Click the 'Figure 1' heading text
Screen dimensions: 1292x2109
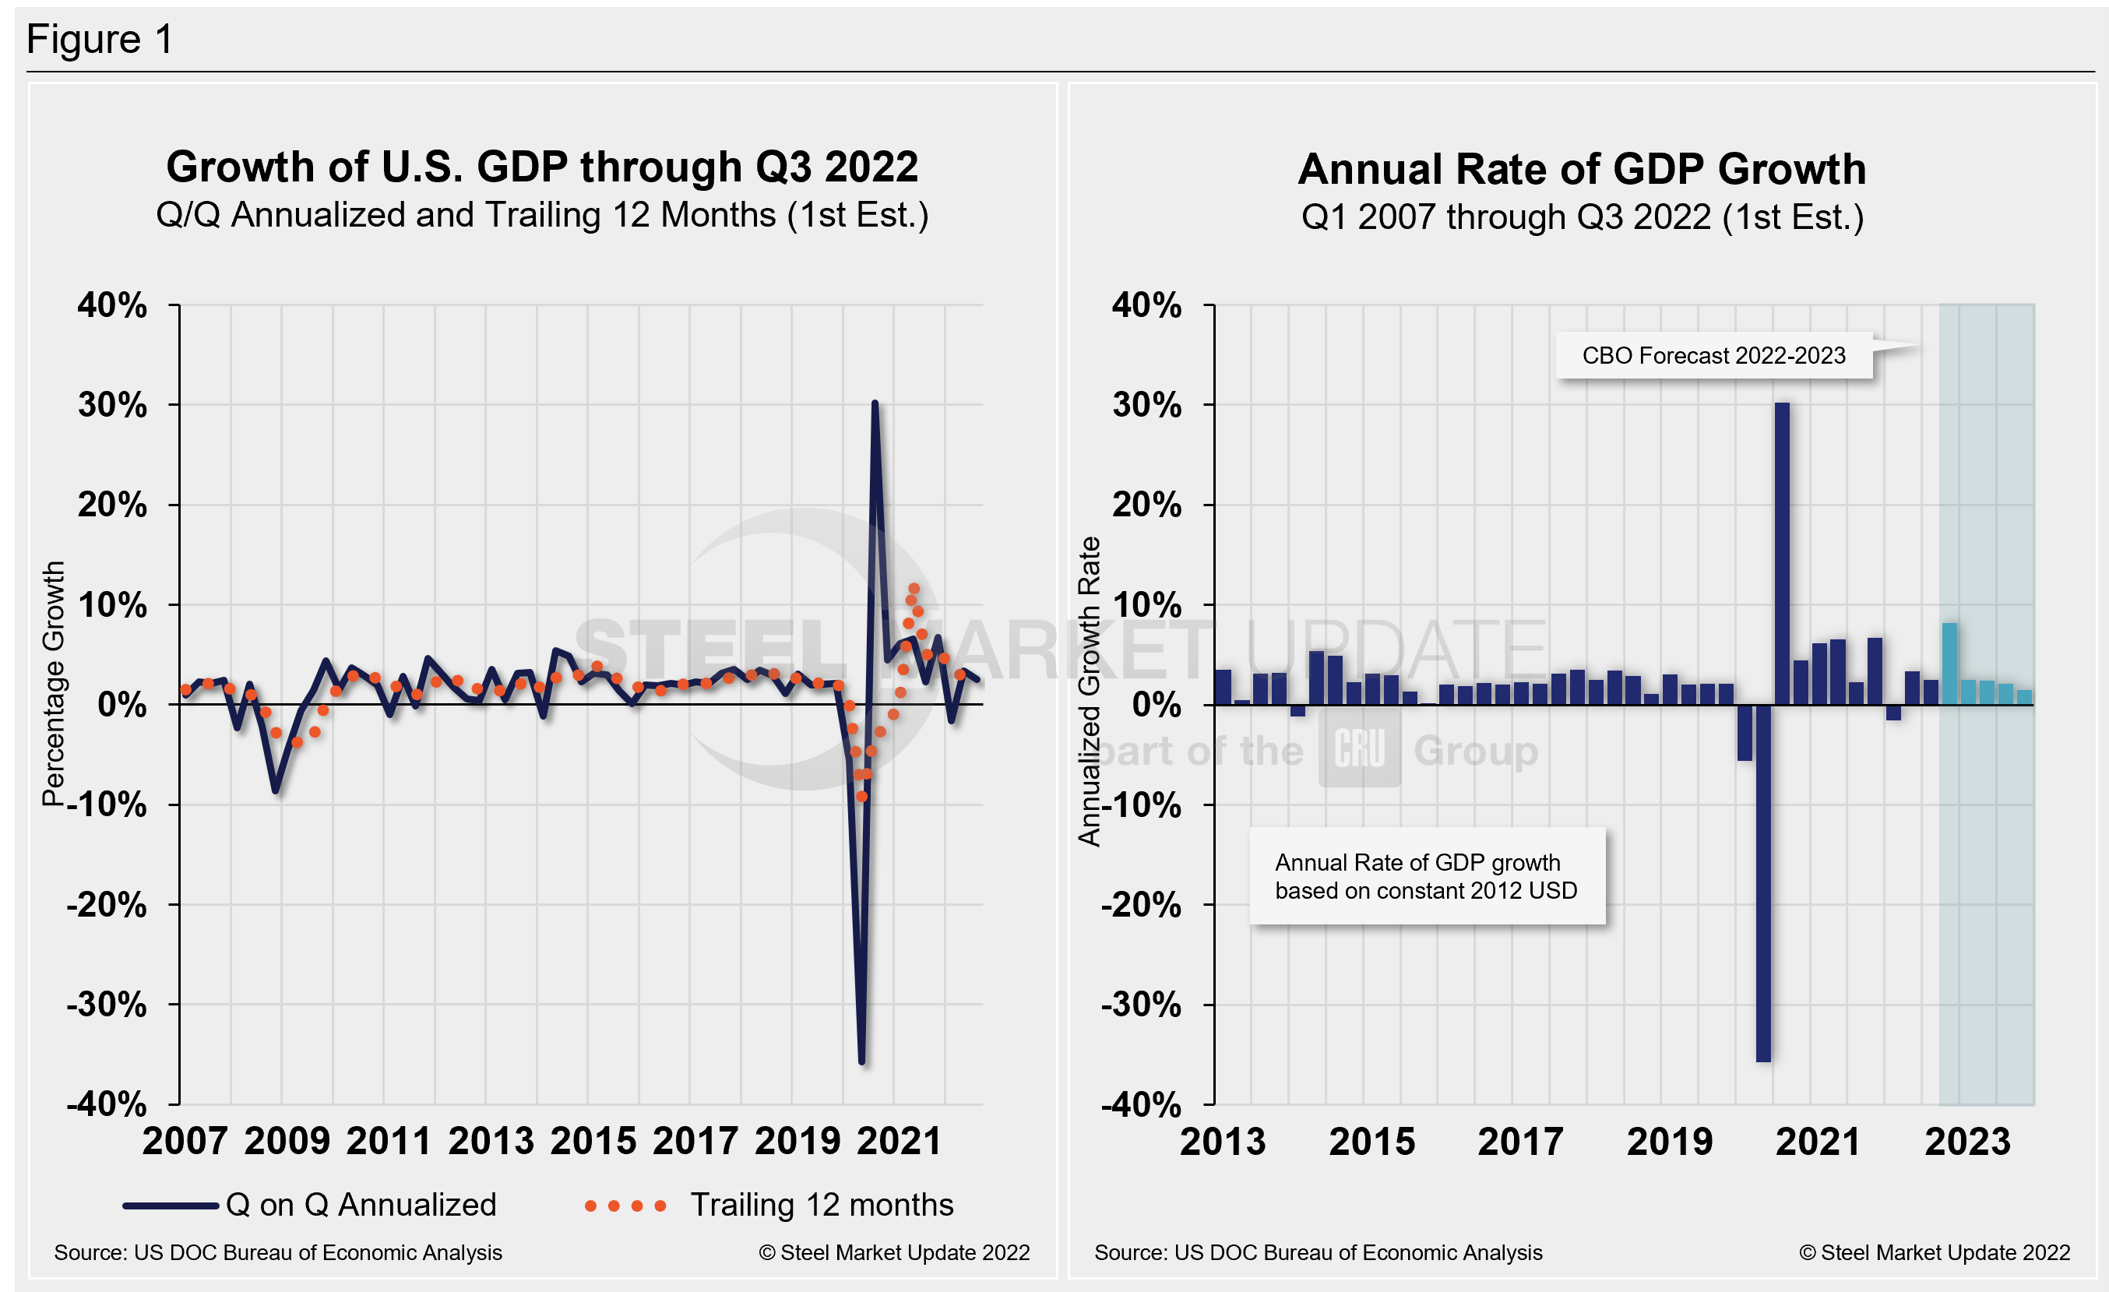pyautogui.click(x=100, y=40)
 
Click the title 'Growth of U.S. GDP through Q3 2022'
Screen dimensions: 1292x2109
pyautogui.click(x=542, y=167)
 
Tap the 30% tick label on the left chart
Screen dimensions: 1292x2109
pyautogui.click(x=112, y=405)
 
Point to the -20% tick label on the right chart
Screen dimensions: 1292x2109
pyautogui.click(x=1140, y=904)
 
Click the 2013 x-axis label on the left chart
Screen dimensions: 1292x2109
pyautogui.click(x=491, y=1141)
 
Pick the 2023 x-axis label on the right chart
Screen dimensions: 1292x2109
pyautogui.click(x=1967, y=1142)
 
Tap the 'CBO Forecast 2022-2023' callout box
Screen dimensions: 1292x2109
pyautogui.click(x=1713, y=355)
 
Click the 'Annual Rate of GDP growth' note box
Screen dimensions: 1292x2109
pyautogui.click(x=1426, y=876)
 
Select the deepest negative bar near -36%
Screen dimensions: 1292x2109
pyautogui.click(x=1762, y=882)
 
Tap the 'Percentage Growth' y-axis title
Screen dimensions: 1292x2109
pyautogui.click(x=53, y=683)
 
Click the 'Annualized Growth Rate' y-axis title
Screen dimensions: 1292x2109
pyautogui.click(x=1089, y=692)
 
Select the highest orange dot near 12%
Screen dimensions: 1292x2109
pyautogui.click(x=914, y=589)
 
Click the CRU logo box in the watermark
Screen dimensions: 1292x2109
pyautogui.click(x=1359, y=748)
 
